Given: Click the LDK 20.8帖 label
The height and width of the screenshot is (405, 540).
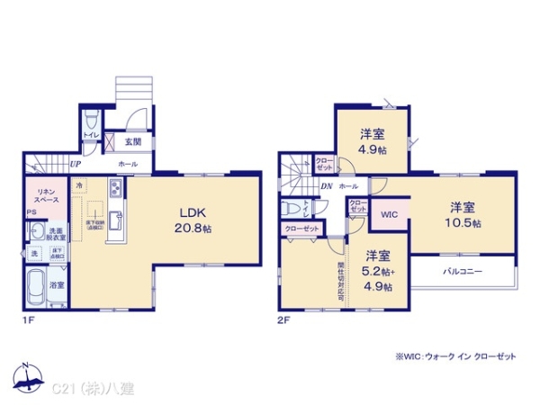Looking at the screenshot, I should (194, 221).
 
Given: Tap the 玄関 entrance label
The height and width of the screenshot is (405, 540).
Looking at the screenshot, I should (132, 141).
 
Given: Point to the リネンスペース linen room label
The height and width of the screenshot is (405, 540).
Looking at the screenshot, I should (46, 195).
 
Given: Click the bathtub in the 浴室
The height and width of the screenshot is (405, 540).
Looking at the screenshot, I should (37, 291).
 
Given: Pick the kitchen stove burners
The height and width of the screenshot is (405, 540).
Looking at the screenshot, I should (116, 190).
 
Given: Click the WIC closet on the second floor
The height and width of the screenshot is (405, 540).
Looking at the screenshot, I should (388, 215).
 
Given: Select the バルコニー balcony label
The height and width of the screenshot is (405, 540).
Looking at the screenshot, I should (463, 271).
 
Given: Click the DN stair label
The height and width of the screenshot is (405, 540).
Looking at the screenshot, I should (327, 186).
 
